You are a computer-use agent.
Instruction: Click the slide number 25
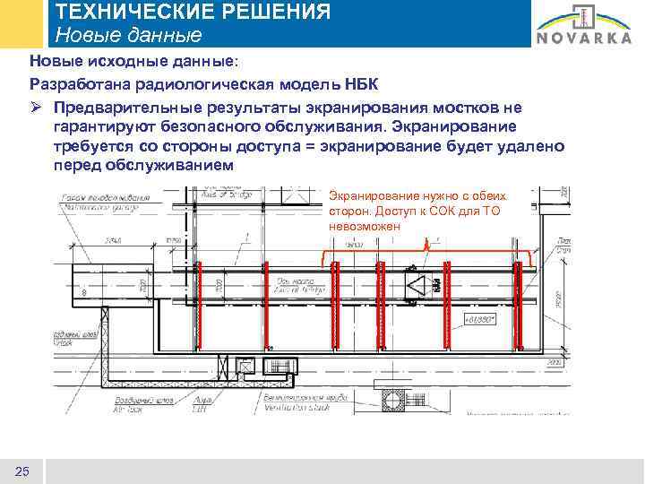[x=22, y=471]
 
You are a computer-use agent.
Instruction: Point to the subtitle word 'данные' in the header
[x=161, y=36]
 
